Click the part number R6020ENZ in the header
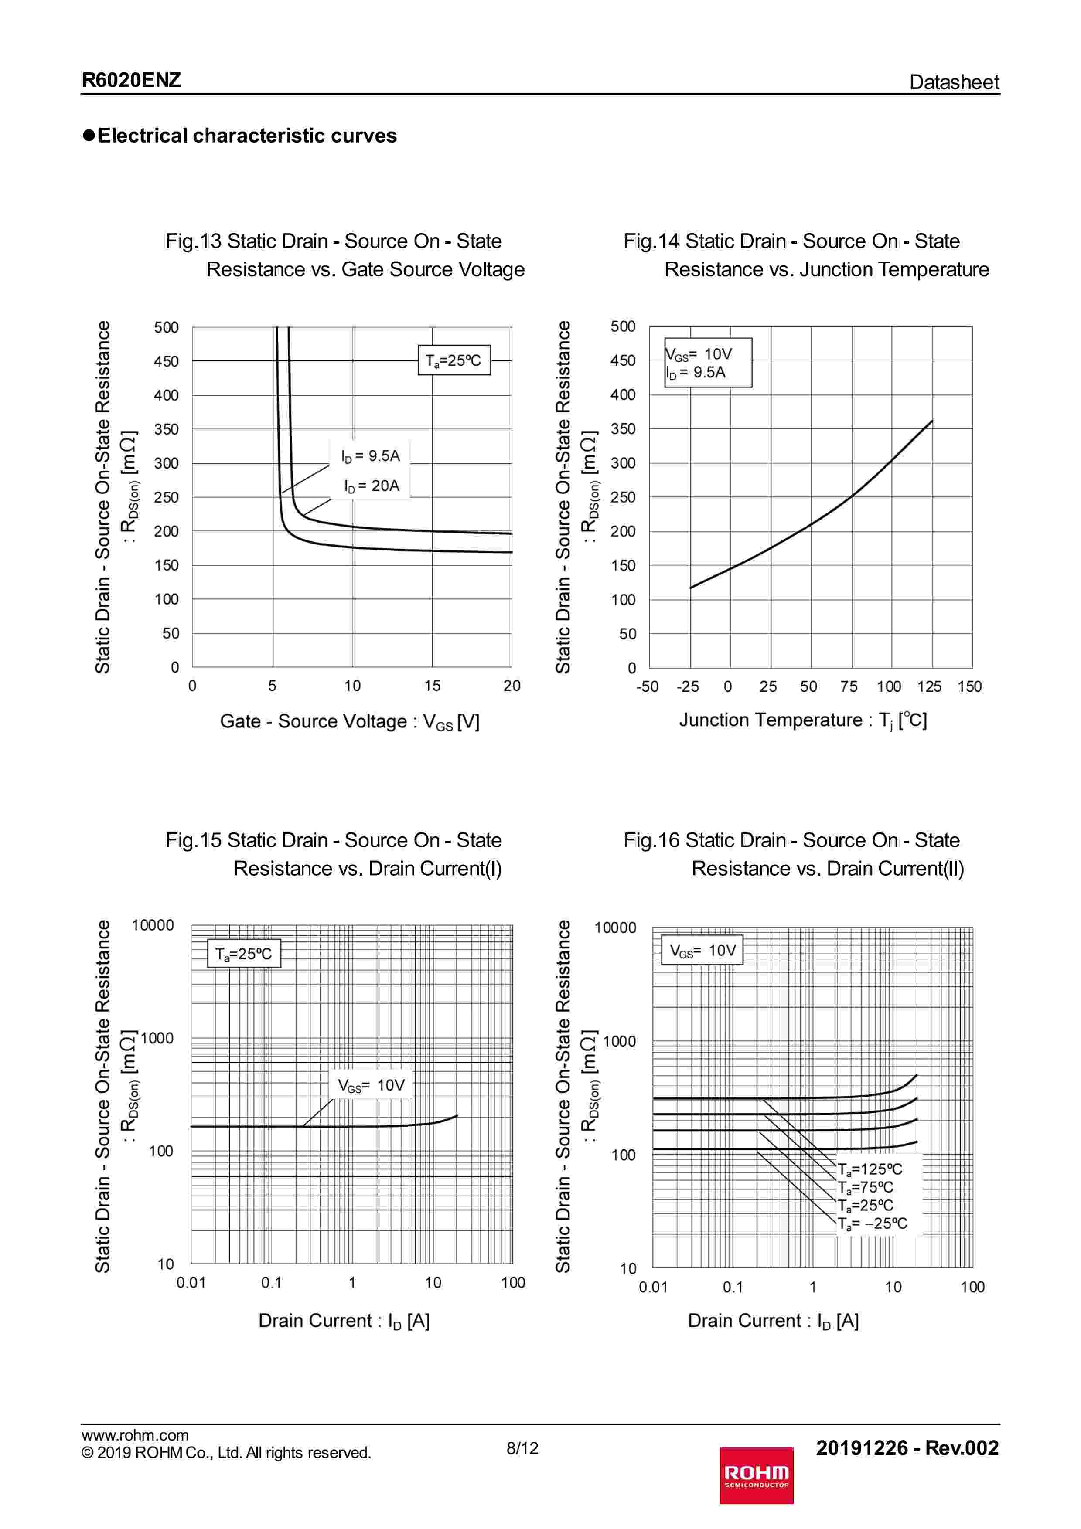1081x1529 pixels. (131, 81)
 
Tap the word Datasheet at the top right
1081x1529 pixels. (953, 82)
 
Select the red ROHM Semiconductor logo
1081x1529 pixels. (756, 1475)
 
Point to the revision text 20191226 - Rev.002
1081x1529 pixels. (907, 1448)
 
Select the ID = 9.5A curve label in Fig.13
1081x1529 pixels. (370, 456)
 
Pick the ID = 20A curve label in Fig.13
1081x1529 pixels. (372, 486)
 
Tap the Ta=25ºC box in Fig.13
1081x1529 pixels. (454, 360)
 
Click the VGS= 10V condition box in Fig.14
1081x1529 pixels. (707, 363)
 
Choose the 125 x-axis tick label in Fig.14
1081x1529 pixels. (929, 686)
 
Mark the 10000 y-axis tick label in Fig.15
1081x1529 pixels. (153, 925)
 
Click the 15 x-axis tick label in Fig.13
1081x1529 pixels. (432, 686)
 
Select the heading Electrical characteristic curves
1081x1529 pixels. (246, 136)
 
